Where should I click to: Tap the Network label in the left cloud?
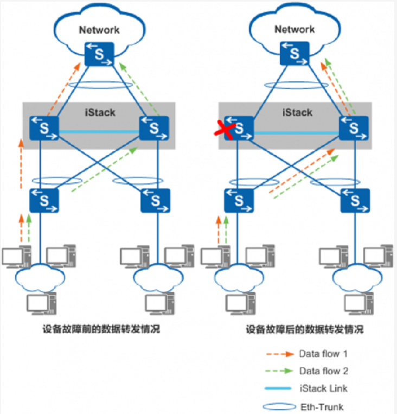(x=99, y=30)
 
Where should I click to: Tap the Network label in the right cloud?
(x=294, y=29)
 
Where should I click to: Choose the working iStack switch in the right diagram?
(x=354, y=129)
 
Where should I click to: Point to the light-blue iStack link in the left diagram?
(x=99, y=132)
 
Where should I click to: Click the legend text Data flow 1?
(x=323, y=354)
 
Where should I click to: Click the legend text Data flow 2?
(x=323, y=371)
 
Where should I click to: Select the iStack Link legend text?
(x=323, y=388)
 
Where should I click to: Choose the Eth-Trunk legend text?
(x=321, y=406)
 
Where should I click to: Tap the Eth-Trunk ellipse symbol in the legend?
(x=274, y=406)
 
